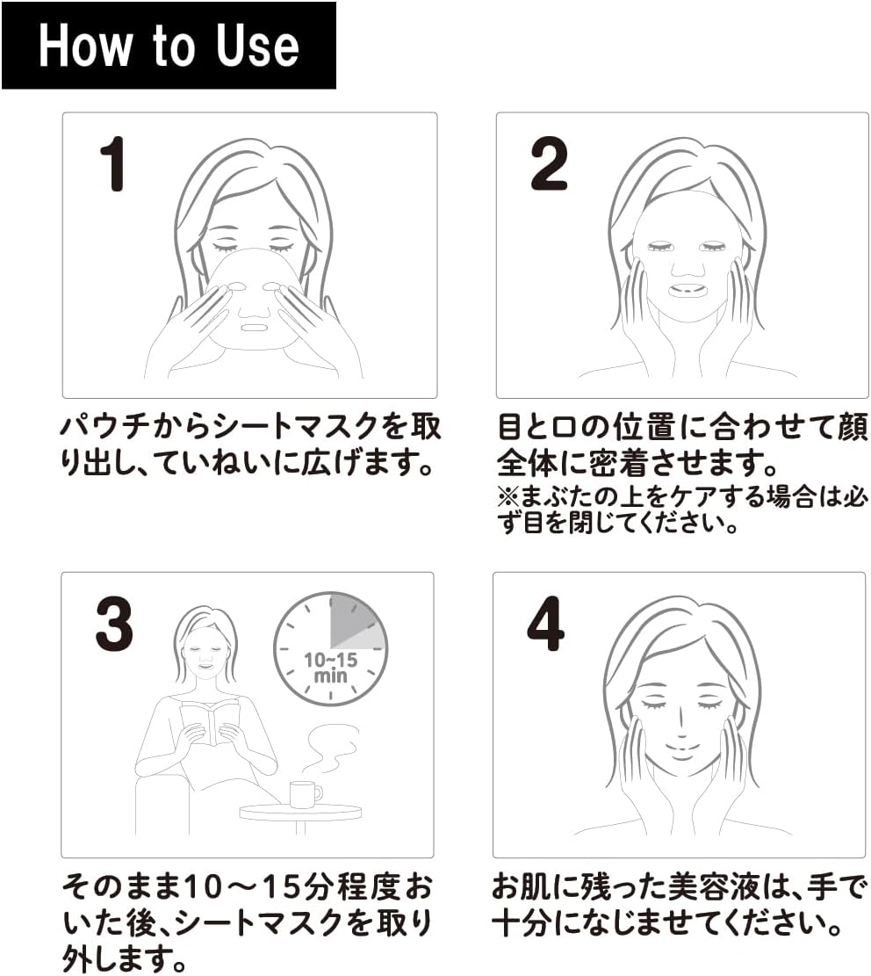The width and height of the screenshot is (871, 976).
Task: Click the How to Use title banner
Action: pyautogui.click(x=169, y=46)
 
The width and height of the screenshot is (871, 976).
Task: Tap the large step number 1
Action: pyautogui.click(x=113, y=163)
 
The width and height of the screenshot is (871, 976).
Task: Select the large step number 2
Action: pyautogui.click(x=549, y=163)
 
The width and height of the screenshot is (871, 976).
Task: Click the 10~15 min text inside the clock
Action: pyautogui.click(x=330, y=668)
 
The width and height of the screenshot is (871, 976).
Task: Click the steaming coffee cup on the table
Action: pyautogui.click(x=306, y=794)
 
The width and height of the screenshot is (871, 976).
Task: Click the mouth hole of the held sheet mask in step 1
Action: pyautogui.click(x=253, y=327)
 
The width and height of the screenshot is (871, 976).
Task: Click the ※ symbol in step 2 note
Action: pyautogui.click(x=507, y=496)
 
